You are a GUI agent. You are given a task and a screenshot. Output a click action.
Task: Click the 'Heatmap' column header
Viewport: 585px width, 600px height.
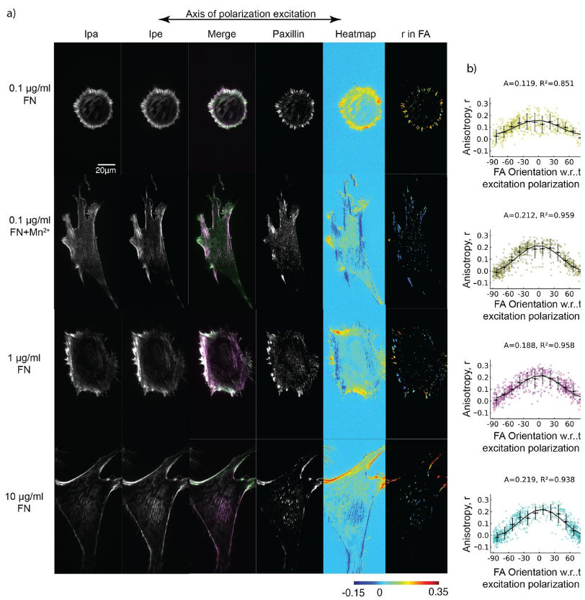click(x=354, y=32)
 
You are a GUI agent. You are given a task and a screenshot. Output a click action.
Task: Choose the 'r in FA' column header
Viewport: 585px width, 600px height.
click(x=416, y=32)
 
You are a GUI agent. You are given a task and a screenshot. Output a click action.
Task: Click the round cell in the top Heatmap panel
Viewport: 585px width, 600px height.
click(x=354, y=108)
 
